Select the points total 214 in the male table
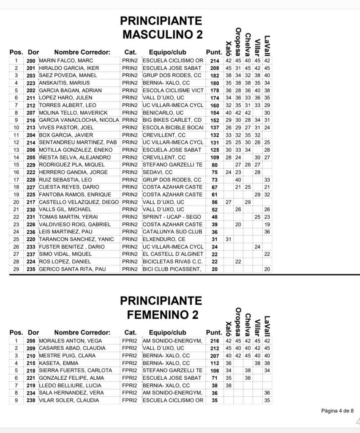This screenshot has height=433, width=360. (x=214, y=61)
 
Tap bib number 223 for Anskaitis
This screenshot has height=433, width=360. (x=30, y=83)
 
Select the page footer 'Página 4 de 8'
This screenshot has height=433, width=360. (x=337, y=410)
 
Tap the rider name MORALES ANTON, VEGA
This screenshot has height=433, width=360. (x=66, y=341)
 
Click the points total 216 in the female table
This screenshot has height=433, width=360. (x=214, y=341)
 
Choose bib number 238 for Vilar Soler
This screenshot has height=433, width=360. (x=30, y=400)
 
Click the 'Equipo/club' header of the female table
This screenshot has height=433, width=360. (x=167, y=332)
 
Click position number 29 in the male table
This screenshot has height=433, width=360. (x=16, y=269)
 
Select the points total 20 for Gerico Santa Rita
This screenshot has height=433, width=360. (x=214, y=269)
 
